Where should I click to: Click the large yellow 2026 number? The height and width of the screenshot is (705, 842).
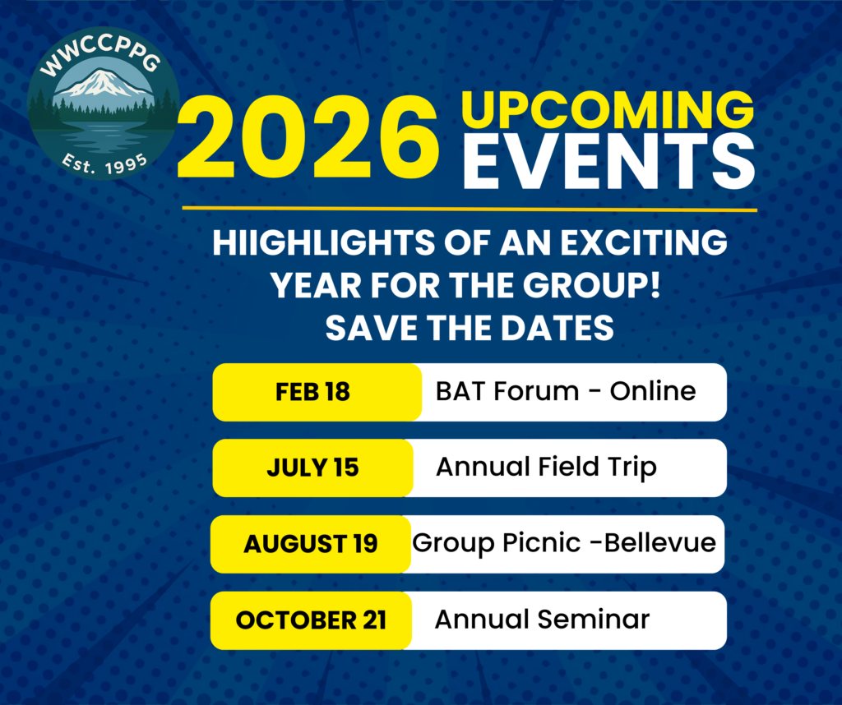coord(308,137)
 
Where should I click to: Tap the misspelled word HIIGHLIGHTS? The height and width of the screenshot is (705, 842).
coord(323,242)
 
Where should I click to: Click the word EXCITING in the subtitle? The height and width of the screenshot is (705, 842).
coord(644,242)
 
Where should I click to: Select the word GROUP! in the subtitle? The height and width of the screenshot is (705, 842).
coord(592,285)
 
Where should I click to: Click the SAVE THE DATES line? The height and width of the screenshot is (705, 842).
coord(470,328)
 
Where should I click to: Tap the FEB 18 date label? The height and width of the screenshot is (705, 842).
coord(312,392)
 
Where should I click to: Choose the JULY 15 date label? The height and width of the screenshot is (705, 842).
coord(312,468)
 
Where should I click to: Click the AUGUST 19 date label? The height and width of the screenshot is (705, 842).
coord(310,544)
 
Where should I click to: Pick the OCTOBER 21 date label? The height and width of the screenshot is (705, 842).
coord(311,620)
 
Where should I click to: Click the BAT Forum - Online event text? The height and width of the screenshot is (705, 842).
coord(566,391)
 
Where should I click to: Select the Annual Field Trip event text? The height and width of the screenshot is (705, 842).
coord(546,468)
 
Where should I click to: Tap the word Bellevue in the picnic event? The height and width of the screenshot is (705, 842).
coord(660,542)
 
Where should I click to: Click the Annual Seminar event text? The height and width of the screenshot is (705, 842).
coord(542,620)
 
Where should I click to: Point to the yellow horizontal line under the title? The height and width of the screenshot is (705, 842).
coord(470,208)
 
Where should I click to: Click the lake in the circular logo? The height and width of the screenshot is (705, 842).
coord(102,141)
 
